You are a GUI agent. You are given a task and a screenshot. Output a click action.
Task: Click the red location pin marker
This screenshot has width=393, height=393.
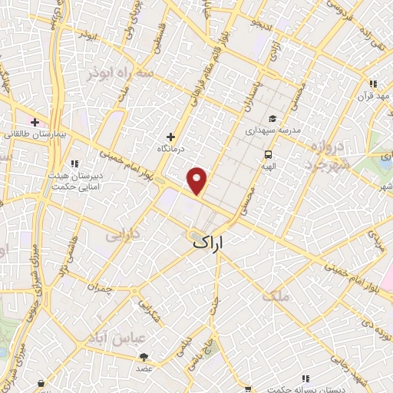pyautogui.click(x=198, y=180)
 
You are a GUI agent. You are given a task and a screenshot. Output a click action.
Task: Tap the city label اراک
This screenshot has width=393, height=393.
pyautogui.click(x=208, y=243)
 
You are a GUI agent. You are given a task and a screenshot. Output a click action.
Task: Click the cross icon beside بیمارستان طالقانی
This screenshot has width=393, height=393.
pyautogui.click(x=35, y=121)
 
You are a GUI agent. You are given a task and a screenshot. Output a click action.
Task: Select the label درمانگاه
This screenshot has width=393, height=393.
pyautogui.click(x=171, y=147)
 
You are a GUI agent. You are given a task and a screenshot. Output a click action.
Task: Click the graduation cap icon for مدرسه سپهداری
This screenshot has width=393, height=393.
pyautogui.click(x=272, y=119)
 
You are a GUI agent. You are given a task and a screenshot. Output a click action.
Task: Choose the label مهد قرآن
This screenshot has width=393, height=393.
pyautogui.click(x=373, y=96)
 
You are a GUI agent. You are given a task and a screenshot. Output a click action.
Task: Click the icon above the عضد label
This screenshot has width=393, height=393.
pyautogui.click(x=144, y=356)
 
